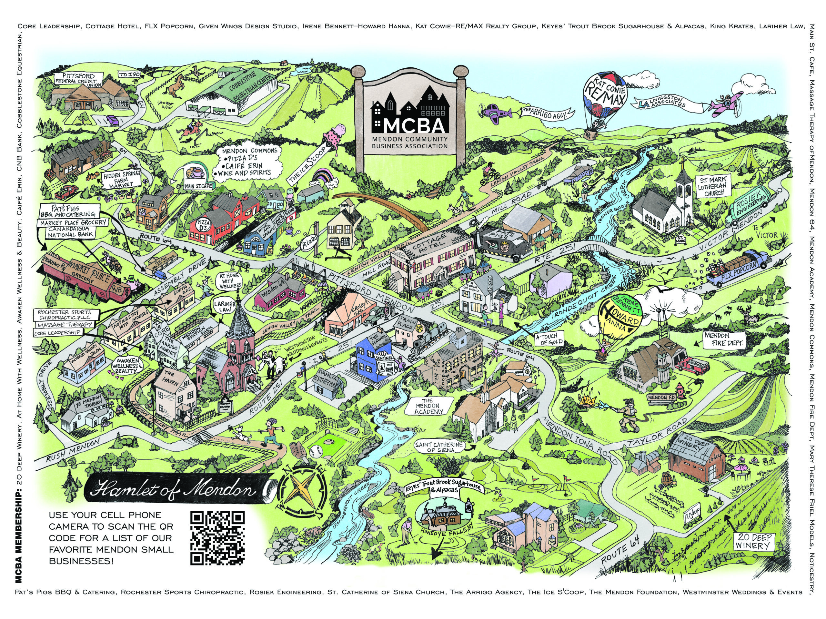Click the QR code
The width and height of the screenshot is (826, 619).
pos(217,538)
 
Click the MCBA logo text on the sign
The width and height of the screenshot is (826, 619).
pos(410,126)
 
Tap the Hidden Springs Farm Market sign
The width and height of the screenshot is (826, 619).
pos(122,179)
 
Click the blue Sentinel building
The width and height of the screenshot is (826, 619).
pos(373,358)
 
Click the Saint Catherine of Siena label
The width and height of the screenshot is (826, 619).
pos(439,447)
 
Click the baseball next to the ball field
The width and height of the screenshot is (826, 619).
pos(316,452)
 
